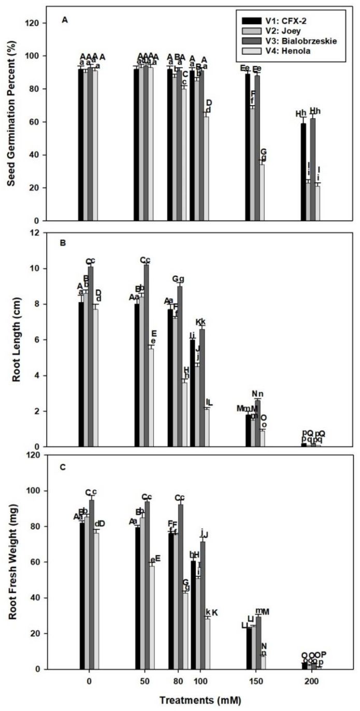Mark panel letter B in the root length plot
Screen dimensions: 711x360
[63, 242]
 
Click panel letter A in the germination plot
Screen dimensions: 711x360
[64, 20]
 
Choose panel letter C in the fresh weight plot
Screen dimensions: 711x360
[63, 467]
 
